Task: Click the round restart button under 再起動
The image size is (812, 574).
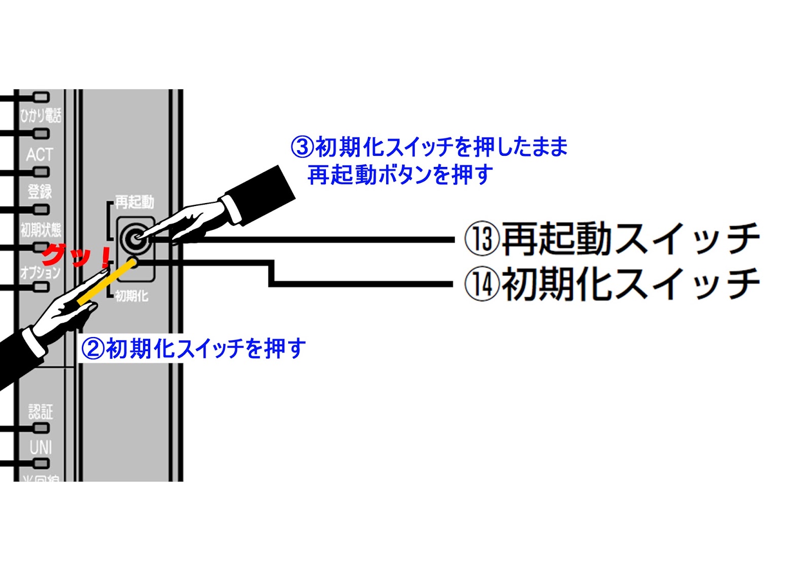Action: coord(135,238)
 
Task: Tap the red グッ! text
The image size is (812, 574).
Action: coord(76,256)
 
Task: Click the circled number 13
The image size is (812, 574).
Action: coord(482,239)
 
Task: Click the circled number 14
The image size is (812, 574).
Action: coord(482,284)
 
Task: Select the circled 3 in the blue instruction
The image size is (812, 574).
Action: coord(302,147)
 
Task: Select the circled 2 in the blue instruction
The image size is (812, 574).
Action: coord(93,349)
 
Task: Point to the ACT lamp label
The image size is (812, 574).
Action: coord(40,154)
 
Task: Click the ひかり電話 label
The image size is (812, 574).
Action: coord(41,116)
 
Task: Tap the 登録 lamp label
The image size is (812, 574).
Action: coord(40,191)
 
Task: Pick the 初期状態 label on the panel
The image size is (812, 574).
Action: coord(41,230)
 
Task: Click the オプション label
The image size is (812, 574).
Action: coord(40,273)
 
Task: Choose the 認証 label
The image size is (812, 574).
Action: coord(41,411)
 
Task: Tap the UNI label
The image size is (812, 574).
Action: coord(41,448)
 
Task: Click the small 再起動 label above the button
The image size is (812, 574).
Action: coord(134,202)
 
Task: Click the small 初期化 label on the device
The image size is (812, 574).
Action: coord(131,296)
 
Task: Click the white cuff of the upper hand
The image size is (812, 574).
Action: coord(233,209)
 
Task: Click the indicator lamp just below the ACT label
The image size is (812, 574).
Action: coord(41,172)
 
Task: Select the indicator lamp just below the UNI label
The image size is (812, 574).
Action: coord(41,463)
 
